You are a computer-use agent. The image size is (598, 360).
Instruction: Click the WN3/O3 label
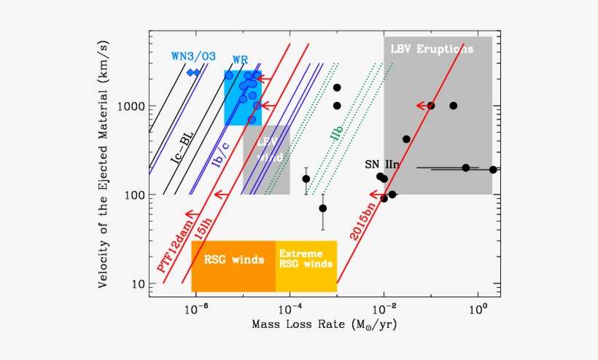pyautogui.click(x=193, y=56)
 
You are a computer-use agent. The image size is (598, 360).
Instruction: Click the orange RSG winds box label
pyautogui.click(x=233, y=259)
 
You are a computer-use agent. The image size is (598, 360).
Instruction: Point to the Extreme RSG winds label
pyautogui.click(x=306, y=259)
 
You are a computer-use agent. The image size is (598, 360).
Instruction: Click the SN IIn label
pyautogui.click(x=382, y=165)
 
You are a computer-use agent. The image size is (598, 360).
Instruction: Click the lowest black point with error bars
pyautogui.click(x=323, y=208)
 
